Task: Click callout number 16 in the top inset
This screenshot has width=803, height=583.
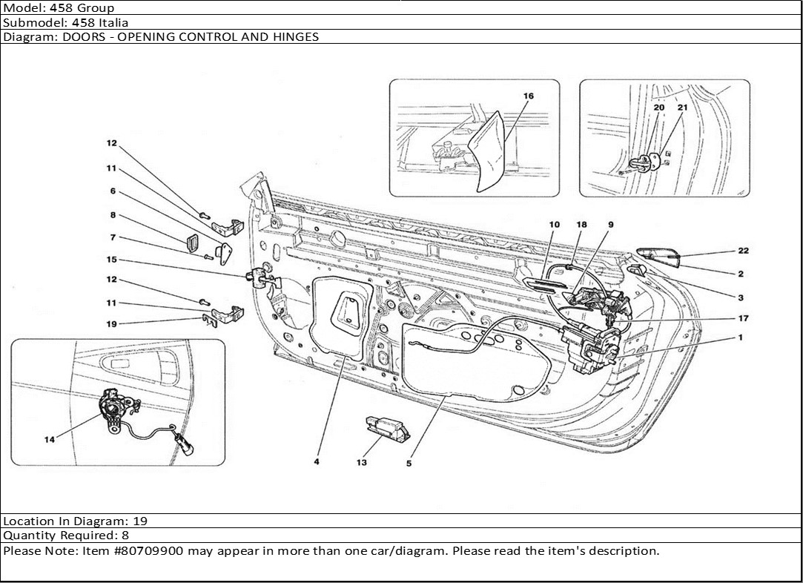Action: [528, 96]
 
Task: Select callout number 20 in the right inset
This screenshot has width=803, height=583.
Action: [659, 108]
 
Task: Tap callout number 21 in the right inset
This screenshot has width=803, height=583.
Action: [682, 108]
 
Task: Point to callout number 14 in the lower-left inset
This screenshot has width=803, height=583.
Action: [49, 440]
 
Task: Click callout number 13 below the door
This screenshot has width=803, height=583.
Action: [361, 463]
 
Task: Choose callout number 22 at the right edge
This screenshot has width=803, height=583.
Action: [743, 251]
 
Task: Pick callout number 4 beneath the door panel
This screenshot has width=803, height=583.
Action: [316, 462]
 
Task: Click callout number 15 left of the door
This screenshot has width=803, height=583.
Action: [112, 260]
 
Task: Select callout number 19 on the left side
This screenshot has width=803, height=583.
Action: [112, 324]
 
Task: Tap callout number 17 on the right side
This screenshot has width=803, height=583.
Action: [743, 318]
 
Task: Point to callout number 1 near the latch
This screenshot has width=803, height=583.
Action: [739, 337]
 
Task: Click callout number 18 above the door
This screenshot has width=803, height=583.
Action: [581, 224]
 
